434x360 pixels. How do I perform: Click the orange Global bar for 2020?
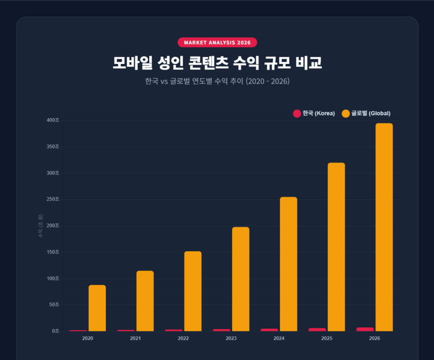click(x=97, y=308)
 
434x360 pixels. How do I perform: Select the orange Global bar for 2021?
click(x=145, y=301)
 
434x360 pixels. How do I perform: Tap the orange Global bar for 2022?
click(x=193, y=291)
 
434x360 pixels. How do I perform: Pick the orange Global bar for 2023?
click(x=241, y=279)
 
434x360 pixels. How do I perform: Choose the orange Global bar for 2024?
click(x=289, y=264)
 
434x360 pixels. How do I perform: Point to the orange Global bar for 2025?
click(x=336, y=247)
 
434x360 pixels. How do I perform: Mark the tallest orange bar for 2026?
click(x=384, y=227)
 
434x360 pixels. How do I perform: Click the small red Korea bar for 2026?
click(x=365, y=329)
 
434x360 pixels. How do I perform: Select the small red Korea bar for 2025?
click(x=317, y=330)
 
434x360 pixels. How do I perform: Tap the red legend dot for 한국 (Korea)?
click(x=297, y=114)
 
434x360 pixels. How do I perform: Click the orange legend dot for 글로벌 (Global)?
click(x=346, y=114)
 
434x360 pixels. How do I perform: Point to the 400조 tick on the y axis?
click(x=53, y=120)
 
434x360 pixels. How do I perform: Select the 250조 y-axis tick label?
click(x=53, y=199)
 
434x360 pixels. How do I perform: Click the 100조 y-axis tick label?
click(x=53, y=278)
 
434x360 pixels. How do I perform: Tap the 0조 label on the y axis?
click(x=56, y=331)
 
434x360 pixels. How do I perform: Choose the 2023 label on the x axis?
click(x=231, y=339)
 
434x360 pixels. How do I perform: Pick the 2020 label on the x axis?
click(x=88, y=339)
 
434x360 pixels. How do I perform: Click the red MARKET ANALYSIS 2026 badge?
click(x=217, y=42)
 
